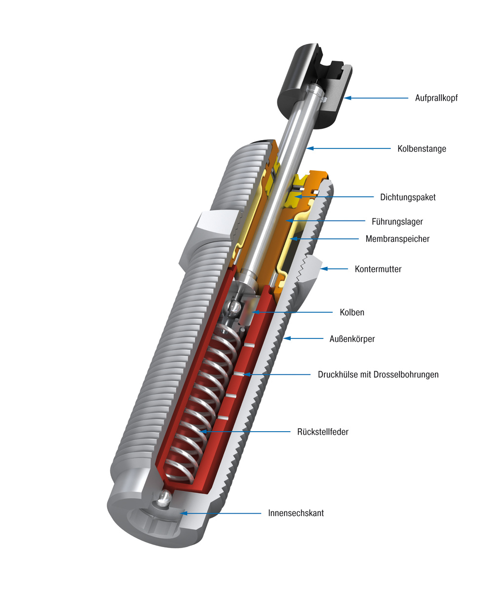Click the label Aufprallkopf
[436, 98]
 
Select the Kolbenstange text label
[422, 148]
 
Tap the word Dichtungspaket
[408, 197]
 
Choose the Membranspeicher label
[397, 239]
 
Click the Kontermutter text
[378, 269]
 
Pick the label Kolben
[351, 312]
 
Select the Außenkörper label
[352, 339]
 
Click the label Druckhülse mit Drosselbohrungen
[378, 374]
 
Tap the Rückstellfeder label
[322, 432]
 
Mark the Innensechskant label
[296, 513]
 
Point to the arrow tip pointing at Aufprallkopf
[345, 98]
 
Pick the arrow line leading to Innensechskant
[222, 513]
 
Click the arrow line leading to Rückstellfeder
[247, 432]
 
